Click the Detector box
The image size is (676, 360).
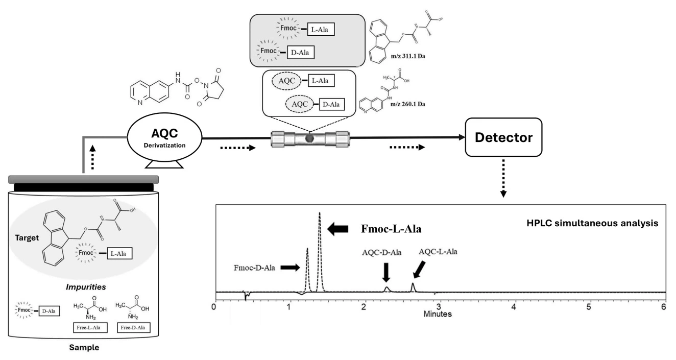click(502, 138)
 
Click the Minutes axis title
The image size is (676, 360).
click(437, 315)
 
